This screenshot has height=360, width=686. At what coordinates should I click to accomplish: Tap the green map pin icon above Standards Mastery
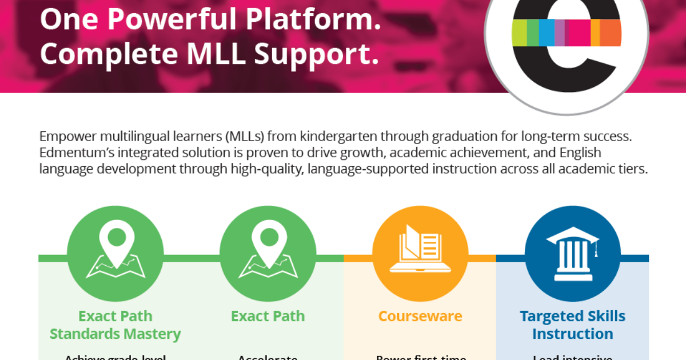[x=115, y=249]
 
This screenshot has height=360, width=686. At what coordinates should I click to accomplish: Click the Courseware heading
[x=420, y=316]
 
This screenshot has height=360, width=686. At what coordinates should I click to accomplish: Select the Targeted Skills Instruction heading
[x=572, y=325]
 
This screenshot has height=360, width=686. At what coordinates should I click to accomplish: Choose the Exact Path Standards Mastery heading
[x=115, y=325]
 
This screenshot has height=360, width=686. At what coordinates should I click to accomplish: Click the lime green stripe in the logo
[x=519, y=32]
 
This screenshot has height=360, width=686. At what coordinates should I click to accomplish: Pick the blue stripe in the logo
[x=547, y=32]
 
